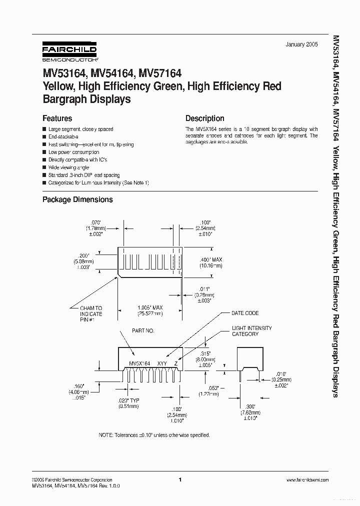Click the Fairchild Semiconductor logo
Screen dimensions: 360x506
[x=62, y=52]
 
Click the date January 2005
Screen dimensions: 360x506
[x=301, y=44]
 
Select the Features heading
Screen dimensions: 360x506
[x=57, y=118]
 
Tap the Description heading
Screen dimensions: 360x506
[x=204, y=118]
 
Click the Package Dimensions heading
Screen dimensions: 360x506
[x=77, y=199]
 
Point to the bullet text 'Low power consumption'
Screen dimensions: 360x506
[x=73, y=152]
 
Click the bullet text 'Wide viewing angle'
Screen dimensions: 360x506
[x=68, y=167]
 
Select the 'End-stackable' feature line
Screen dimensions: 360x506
[x=63, y=136]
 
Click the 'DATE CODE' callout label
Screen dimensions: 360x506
[x=245, y=313]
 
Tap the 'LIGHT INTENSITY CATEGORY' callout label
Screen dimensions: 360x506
[x=251, y=331]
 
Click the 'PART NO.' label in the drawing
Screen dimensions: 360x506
[x=143, y=331]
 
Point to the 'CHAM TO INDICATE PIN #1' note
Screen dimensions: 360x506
[x=91, y=314]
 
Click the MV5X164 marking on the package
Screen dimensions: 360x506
[x=139, y=363]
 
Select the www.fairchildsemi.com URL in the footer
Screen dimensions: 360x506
[x=307, y=480]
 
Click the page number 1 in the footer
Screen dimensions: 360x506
[x=179, y=480]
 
